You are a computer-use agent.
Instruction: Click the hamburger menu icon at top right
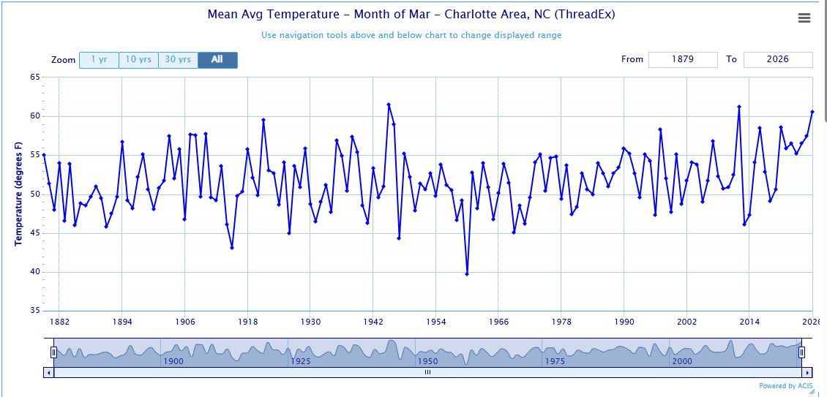click(x=804, y=18)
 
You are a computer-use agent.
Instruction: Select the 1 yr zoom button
click(x=99, y=60)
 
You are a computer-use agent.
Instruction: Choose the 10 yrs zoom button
click(x=138, y=60)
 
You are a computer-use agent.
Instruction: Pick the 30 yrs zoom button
click(x=178, y=60)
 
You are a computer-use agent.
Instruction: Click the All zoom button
click(x=217, y=60)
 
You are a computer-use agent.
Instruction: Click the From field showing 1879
click(x=682, y=59)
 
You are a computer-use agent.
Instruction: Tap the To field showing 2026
click(x=777, y=59)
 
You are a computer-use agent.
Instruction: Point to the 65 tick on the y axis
click(x=35, y=77)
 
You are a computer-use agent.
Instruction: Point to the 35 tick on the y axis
click(x=35, y=311)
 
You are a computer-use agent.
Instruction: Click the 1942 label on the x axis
click(x=373, y=322)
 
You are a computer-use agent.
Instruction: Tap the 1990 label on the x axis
click(x=624, y=322)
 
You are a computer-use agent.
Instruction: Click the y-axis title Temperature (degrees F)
click(x=19, y=194)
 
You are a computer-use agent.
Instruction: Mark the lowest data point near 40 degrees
click(x=467, y=274)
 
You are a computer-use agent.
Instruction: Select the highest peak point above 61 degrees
click(x=389, y=105)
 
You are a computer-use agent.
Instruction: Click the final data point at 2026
click(x=812, y=112)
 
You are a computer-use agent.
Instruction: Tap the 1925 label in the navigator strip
click(x=301, y=361)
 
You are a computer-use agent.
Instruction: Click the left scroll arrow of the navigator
click(x=50, y=372)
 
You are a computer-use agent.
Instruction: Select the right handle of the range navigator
click(x=801, y=353)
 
